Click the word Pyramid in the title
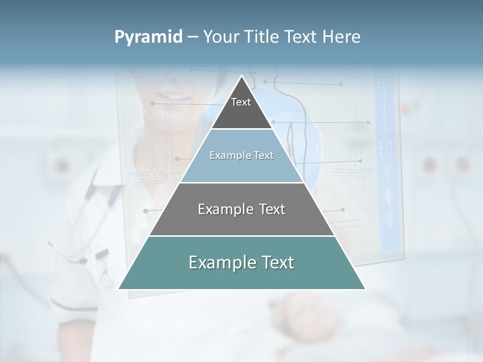[x=148, y=37]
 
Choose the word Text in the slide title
[x=303, y=37]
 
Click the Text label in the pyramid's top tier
[x=241, y=102]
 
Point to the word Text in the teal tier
[x=278, y=262]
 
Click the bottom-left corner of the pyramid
[x=119, y=289]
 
